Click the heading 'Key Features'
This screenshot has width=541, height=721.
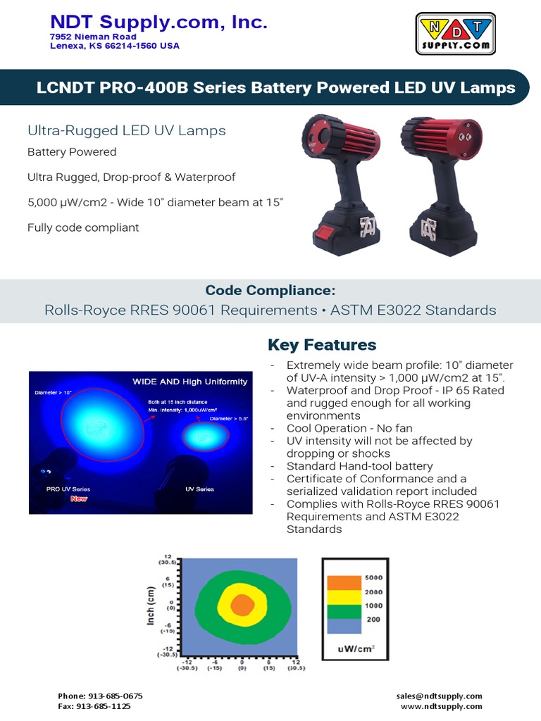click(322, 345)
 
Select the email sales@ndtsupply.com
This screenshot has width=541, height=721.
click(440, 696)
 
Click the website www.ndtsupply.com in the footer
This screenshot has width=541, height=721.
click(442, 706)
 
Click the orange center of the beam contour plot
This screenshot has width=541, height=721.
click(241, 605)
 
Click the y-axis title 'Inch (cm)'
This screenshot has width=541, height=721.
click(151, 606)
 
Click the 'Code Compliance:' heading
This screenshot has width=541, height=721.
click(270, 291)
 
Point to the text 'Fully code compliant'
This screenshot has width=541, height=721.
click(83, 227)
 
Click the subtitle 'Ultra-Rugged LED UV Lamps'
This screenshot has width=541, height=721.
click(127, 130)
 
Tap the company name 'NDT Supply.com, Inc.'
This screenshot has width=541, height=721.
click(158, 23)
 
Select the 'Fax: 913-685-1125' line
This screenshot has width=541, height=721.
click(94, 706)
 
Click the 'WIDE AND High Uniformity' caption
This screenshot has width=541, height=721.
click(190, 382)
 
